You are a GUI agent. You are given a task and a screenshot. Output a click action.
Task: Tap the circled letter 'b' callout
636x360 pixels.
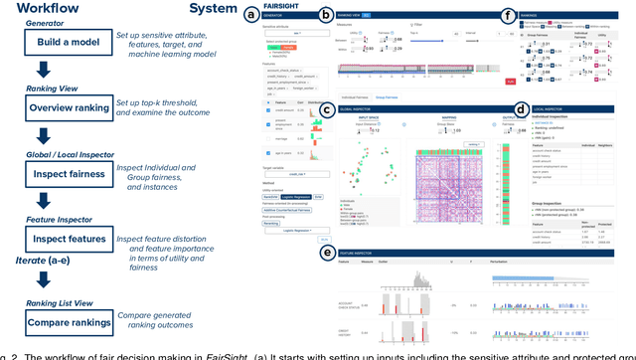click(x=326, y=15)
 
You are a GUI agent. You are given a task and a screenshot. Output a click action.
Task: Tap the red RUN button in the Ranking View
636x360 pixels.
click(x=482, y=81)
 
